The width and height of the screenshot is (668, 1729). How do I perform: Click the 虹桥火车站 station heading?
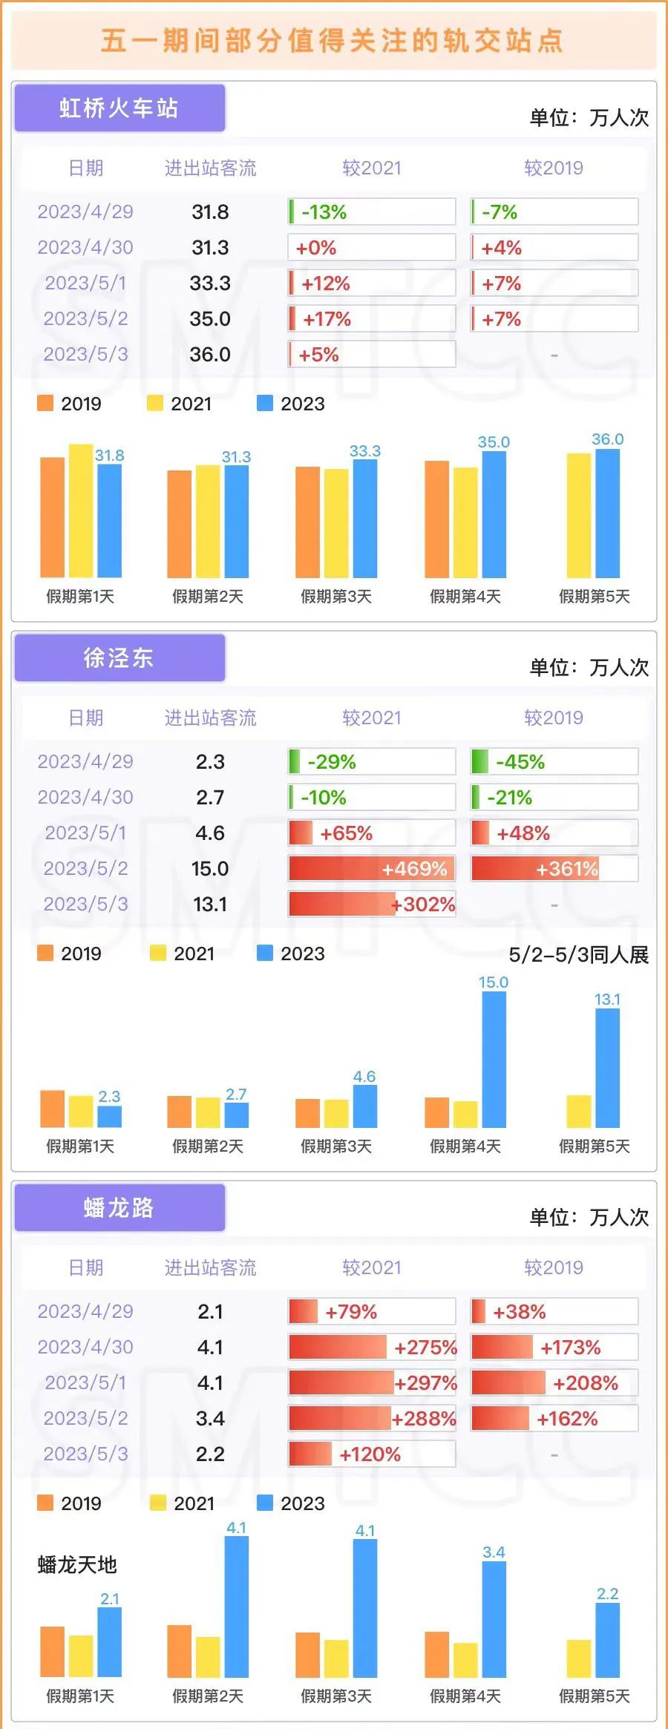(x=119, y=108)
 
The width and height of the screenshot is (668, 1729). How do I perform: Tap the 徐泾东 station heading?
(x=119, y=658)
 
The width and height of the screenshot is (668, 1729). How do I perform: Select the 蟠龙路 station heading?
(x=119, y=1208)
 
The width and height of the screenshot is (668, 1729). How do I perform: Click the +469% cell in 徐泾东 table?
(x=371, y=869)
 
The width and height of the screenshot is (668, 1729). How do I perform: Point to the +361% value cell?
(x=554, y=869)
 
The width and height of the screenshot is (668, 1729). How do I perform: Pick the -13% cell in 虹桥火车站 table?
(x=371, y=212)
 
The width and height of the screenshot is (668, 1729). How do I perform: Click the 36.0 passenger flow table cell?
(x=210, y=355)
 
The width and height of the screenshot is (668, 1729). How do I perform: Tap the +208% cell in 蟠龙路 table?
(x=554, y=1383)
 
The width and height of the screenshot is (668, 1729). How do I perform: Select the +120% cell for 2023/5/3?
(x=371, y=1454)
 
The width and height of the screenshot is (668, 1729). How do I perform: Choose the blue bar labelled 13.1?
(x=607, y=1069)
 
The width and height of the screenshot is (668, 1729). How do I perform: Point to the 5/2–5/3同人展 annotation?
(x=578, y=955)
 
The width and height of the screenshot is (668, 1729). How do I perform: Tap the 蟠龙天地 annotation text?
(x=77, y=1565)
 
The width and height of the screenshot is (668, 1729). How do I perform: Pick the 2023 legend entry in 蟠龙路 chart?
(x=291, y=1503)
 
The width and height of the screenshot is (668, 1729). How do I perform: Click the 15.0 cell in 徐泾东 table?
(x=210, y=869)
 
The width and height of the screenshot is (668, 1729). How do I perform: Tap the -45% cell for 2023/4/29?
(x=554, y=762)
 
